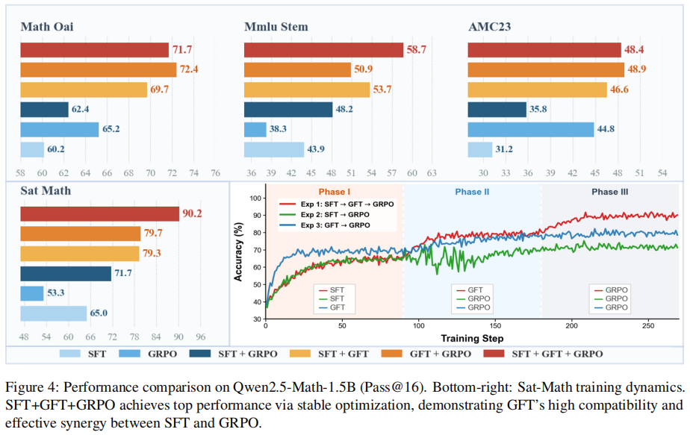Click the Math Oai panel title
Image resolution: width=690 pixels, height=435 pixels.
click(47, 27)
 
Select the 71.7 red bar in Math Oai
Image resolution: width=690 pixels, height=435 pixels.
click(95, 50)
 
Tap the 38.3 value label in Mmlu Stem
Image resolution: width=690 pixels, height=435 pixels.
click(278, 129)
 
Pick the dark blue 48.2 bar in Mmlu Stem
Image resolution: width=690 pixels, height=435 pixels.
click(288, 110)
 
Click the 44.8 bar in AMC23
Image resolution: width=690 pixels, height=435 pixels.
click(531, 130)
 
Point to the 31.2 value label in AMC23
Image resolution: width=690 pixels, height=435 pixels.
click(504, 149)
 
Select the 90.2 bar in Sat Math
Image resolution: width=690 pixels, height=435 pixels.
click(100, 213)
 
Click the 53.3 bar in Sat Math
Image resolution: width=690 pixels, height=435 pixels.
click(31, 293)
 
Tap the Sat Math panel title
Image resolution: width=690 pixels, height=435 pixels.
click(46, 190)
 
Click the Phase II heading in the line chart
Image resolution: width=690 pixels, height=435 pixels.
click(472, 192)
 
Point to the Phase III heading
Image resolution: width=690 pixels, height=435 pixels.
click(610, 192)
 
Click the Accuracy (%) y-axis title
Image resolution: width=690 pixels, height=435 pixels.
click(238, 251)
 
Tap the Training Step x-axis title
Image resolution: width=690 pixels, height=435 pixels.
click(472, 338)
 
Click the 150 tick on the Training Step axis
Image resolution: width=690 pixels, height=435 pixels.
click(496, 326)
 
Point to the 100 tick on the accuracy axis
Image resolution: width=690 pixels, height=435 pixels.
click(255, 198)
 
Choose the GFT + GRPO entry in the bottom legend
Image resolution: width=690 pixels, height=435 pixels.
click(426, 354)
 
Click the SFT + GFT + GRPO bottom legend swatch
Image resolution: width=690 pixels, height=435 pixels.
click(494, 353)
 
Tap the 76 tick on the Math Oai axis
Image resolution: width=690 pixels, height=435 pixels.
click(215, 173)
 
